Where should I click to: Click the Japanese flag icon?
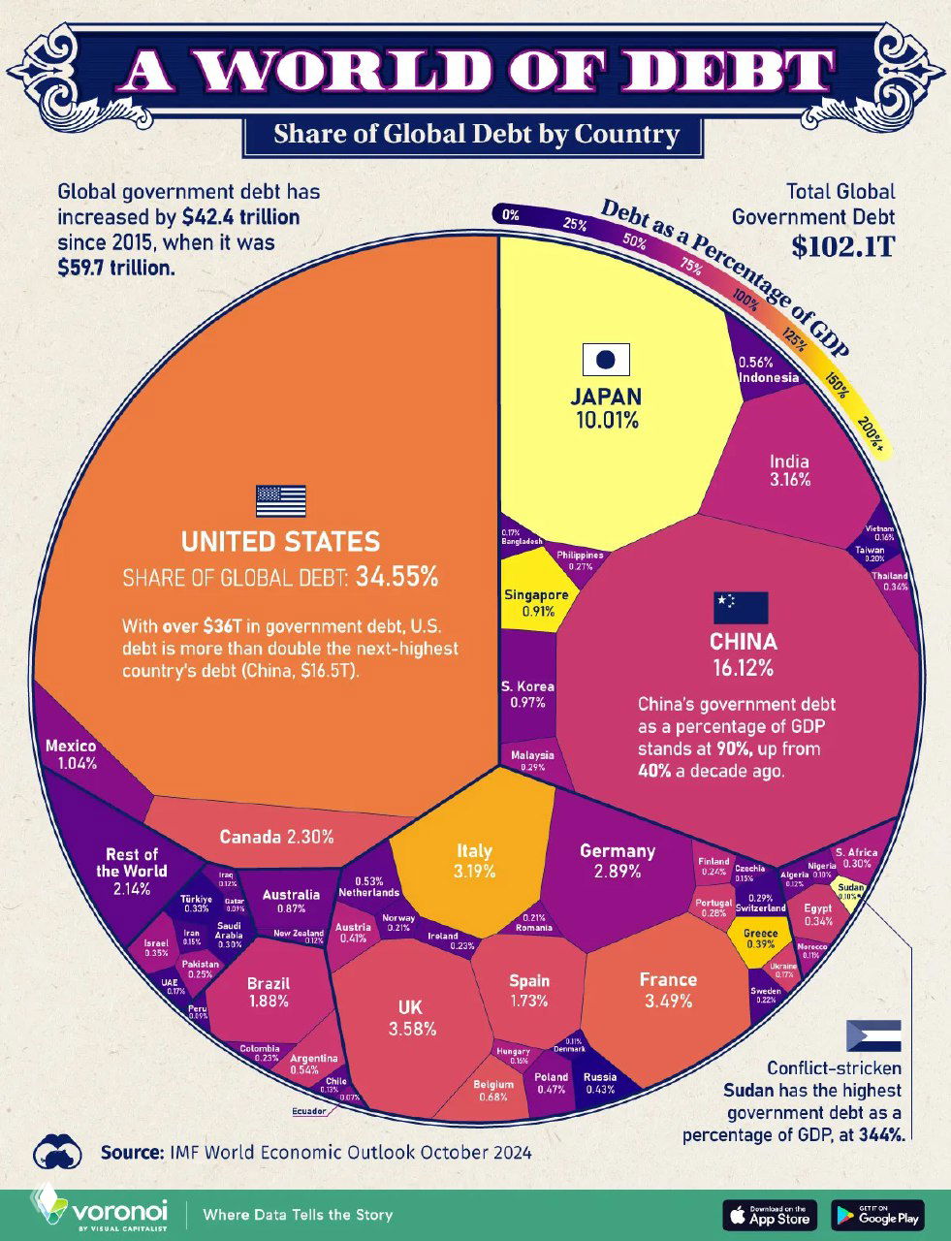[x=606, y=360]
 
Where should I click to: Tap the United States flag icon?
[x=280, y=500]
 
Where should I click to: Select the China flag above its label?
[x=741, y=607]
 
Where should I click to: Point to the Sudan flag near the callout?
[x=873, y=1035]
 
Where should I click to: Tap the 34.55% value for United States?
[x=396, y=578]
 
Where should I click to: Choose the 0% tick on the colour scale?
[x=511, y=215]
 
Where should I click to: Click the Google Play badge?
[x=876, y=1214]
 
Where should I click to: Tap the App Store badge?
[x=770, y=1214]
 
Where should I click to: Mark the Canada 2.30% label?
[x=276, y=836]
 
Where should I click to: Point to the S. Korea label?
[x=527, y=687]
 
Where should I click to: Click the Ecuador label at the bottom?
[x=309, y=1111]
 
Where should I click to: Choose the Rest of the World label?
[x=132, y=871]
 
